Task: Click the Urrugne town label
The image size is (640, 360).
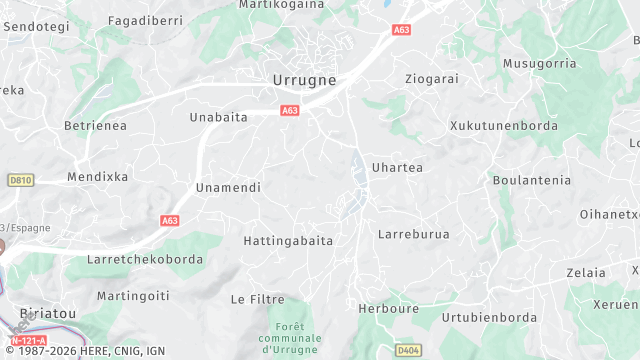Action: pyautogui.click(x=304, y=78)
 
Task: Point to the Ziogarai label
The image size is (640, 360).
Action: pyautogui.click(x=430, y=78)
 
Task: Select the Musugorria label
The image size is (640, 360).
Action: pyautogui.click(x=540, y=63)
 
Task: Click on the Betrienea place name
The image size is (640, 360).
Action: pyautogui.click(x=95, y=125)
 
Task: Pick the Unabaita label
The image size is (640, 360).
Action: pyautogui.click(x=218, y=117)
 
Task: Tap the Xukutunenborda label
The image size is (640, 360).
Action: pyautogui.click(x=503, y=126)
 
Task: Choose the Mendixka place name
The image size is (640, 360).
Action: pyautogui.click(x=97, y=176)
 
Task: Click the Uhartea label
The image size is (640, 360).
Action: pyautogui.click(x=397, y=167)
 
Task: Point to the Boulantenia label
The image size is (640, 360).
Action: pyautogui.click(x=532, y=180)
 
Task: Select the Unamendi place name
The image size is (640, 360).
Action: pyautogui.click(x=228, y=187)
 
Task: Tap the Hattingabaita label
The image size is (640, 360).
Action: pyautogui.click(x=288, y=241)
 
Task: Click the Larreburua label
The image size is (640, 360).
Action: pyautogui.click(x=414, y=234)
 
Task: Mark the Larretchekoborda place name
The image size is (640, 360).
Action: pyautogui.click(x=145, y=259)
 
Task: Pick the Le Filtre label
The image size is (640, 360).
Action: pyautogui.click(x=257, y=299)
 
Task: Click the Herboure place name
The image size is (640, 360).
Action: pyautogui.click(x=389, y=309)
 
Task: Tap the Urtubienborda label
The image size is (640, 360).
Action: pyautogui.click(x=491, y=318)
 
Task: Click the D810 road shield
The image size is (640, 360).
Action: pyautogui.click(x=19, y=180)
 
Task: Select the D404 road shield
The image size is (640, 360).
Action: pyautogui.click(x=407, y=350)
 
